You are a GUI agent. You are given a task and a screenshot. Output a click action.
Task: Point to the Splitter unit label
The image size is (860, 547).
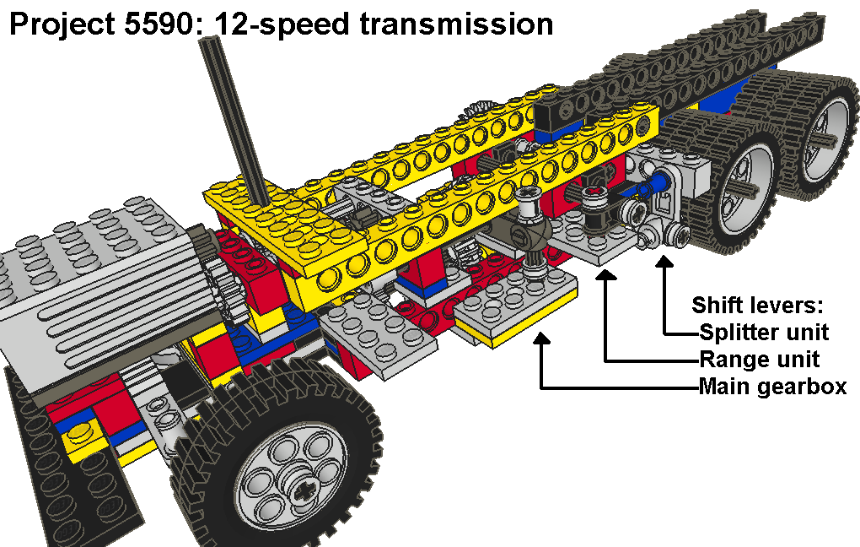coord(764,331)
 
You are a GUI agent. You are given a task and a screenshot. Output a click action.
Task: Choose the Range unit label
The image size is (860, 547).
coord(760,359)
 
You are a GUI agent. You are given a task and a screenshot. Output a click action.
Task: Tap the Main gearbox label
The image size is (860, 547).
coord(772,387)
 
